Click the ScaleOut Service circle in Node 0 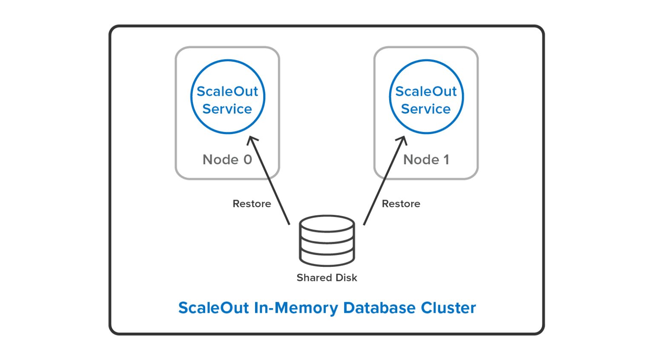point(227,97)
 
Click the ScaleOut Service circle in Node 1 point(426,97)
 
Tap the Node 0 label point(227,160)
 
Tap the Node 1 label point(426,160)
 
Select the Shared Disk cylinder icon point(327,240)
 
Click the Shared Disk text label point(327,278)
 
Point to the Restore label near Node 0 point(252,204)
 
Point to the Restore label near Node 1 point(401,204)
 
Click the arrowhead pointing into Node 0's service point(252,140)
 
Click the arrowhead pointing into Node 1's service point(402,140)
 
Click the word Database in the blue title point(379,308)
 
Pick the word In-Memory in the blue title point(296,308)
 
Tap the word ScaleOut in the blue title point(213,308)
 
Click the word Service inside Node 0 point(227,109)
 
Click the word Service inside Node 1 point(426,109)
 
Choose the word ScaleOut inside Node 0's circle point(227,91)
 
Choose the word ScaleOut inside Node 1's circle point(426,91)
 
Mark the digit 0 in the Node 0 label point(248,160)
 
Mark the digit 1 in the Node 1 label point(446,160)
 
